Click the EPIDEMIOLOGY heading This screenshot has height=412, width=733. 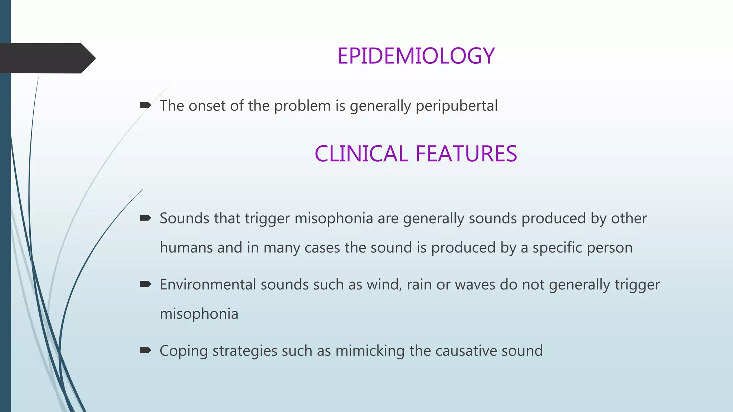coord(416,56)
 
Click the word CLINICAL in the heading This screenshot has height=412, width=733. coord(361,154)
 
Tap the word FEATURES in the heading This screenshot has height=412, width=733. coord(466,154)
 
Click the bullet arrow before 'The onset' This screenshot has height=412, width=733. coord(145,105)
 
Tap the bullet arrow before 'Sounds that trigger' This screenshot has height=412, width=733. coord(145,218)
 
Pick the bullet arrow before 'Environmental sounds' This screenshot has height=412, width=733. coord(145,284)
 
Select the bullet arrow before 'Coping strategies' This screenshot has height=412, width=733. coord(145,350)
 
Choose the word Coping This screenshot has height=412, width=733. coord(184,351)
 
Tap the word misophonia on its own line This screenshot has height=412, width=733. coord(199,314)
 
